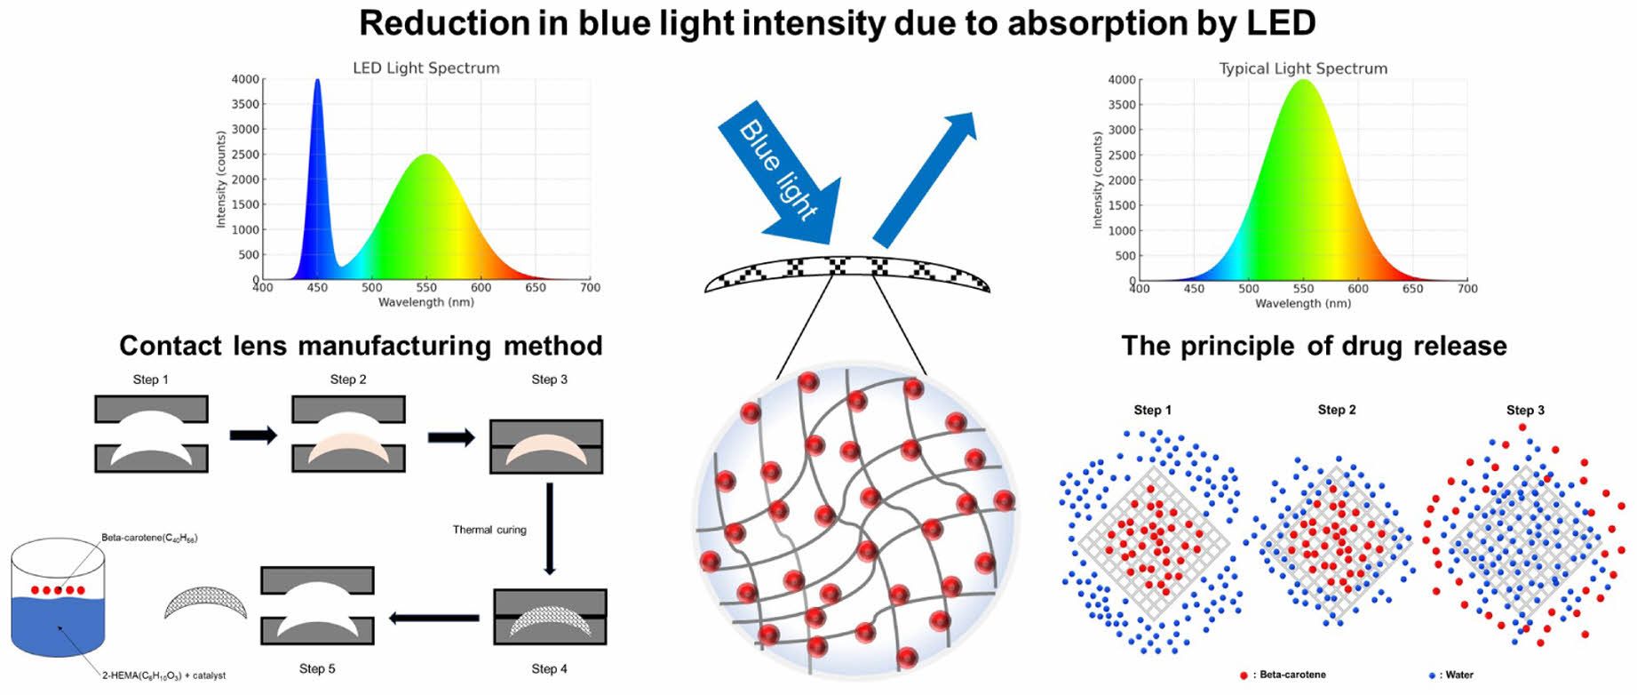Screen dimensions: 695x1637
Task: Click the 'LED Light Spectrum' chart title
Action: pyautogui.click(x=425, y=68)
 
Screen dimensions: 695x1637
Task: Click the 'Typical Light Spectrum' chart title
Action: pyautogui.click(x=1302, y=68)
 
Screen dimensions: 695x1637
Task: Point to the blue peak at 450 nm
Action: pyautogui.click(x=317, y=84)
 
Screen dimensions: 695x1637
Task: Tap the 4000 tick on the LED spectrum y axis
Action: pyautogui.click(x=245, y=79)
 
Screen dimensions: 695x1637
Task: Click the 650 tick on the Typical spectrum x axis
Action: pyautogui.click(x=1412, y=289)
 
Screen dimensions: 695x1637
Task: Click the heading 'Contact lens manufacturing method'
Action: pyautogui.click(x=361, y=346)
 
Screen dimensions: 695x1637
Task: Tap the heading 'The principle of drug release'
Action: pyautogui.click(x=1314, y=346)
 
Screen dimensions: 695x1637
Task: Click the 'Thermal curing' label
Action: pyautogui.click(x=489, y=530)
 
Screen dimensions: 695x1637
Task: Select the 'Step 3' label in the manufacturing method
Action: pyautogui.click(x=549, y=379)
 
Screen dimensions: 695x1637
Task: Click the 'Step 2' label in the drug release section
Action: pyautogui.click(x=1336, y=410)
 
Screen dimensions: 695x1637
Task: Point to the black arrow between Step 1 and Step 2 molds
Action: pyautogui.click(x=253, y=435)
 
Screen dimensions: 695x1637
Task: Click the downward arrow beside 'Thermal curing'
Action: pyautogui.click(x=550, y=529)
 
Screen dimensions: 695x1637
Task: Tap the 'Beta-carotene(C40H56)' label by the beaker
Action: pyautogui.click(x=149, y=538)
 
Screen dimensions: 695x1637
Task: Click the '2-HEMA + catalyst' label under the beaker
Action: pyautogui.click(x=163, y=675)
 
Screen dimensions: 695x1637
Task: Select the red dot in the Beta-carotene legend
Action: pyautogui.click(x=1244, y=675)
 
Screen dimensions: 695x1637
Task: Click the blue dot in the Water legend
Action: pyautogui.click(x=1432, y=675)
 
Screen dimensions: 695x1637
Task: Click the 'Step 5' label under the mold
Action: pyautogui.click(x=317, y=668)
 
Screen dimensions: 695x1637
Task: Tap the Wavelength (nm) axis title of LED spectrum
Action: pyautogui.click(x=425, y=302)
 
